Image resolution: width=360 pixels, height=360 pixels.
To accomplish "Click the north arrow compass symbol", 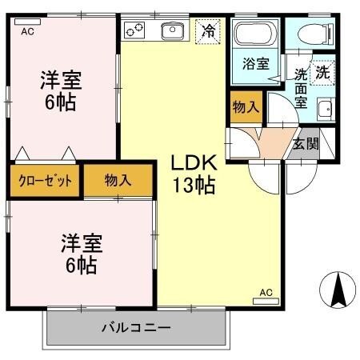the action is click(338, 290).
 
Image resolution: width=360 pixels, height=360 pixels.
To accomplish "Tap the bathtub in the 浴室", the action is click(255, 34).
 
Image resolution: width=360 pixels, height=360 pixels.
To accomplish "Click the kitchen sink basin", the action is click(173, 30).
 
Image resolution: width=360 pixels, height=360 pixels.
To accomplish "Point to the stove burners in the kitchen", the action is click(134, 30).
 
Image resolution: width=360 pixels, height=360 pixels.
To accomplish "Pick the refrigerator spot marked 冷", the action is click(208, 31).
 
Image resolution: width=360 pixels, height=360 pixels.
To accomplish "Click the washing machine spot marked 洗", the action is click(322, 73).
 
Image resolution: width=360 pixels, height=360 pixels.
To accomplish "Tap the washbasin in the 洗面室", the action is click(326, 110).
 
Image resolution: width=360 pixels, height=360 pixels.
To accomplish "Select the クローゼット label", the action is click(46, 181).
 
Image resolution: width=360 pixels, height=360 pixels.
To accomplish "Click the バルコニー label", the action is click(136, 327).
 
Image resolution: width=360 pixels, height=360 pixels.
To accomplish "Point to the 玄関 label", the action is click(306, 144).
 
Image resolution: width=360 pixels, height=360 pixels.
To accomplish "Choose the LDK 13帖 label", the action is click(194, 174).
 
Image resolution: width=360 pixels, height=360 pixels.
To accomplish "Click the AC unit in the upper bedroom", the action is click(27, 22).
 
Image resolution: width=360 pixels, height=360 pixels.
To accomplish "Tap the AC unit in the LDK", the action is click(266, 302).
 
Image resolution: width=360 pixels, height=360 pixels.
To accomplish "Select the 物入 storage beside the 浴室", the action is click(246, 107).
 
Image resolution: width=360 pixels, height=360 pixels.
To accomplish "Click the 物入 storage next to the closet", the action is click(118, 181).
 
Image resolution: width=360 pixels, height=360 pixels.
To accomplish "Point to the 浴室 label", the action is click(256, 64).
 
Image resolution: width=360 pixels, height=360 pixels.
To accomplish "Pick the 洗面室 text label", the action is click(301, 88).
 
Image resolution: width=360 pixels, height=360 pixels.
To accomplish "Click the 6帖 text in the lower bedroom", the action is click(82, 265).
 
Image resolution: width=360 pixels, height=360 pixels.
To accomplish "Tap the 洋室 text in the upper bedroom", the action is click(61, 80).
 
